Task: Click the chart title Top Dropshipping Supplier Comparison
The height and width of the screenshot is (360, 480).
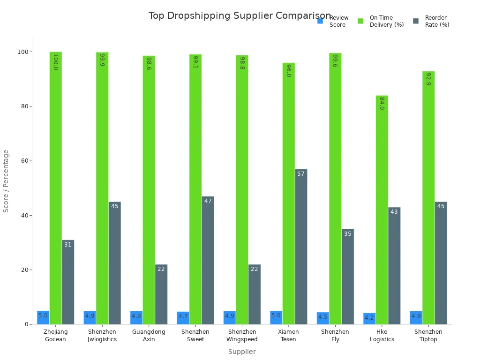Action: click(x=240, y=16)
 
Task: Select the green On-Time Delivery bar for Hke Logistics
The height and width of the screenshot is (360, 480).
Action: click(x=382, y=211)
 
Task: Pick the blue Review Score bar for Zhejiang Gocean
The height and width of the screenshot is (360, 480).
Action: click(x=43, y=318)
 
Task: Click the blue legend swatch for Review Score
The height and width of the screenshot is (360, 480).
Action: click(x=320, y=21)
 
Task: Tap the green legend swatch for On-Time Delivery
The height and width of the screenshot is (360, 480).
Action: click(x=360, y=21)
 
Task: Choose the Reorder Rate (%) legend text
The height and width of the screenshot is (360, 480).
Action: click(x=437, y=21)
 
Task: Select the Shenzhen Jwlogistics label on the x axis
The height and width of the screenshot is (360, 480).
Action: click(x=102, y=336)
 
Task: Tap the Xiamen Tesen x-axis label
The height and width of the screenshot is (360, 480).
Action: click(x=289, y=336)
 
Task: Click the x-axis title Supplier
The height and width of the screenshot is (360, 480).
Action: click(x=242, y=352)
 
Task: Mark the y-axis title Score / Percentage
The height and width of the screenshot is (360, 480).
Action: click(x=6, y=181)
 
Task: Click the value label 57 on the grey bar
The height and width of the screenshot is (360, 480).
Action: click(x=301, y=174)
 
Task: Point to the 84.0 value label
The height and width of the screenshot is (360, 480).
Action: click(x=382, y=103)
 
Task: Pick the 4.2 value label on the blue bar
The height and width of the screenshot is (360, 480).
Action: click(x=369, y=317)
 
